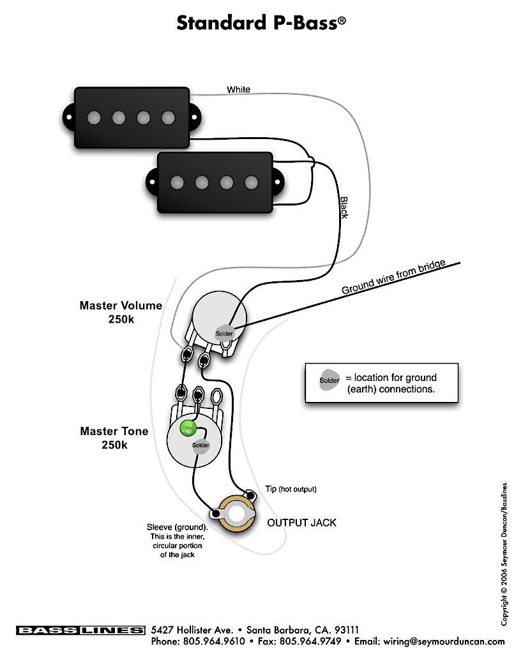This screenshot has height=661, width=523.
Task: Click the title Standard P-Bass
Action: pyautogui.click(x=261, y=23)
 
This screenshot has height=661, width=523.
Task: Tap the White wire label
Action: pyautogui.click(x=238, y=90)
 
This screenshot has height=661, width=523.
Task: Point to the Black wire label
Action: pyautogui.click(x=343, y=207)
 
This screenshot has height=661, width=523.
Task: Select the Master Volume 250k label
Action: pyautogui.click(x=121, y=312)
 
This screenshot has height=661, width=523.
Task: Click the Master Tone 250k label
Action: pyautogui.click(x=114, y=438)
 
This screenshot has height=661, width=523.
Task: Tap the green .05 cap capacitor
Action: pyautogui.click(x=188, y=427)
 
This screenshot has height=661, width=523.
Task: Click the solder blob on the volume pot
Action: pyautogui.click(x=224, y=333)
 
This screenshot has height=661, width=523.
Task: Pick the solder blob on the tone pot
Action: pyautogui.click(x=201, y=445)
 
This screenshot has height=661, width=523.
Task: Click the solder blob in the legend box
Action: pyautogui.click(x=330, y=380)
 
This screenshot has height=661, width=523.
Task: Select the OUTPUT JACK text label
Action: pyautogui.click(x=301, y=523)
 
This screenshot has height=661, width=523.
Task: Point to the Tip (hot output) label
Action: pyautogui.click(x=291, y=489)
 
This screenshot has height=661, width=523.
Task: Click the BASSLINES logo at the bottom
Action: pyautogui.click(x=80, y=630)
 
